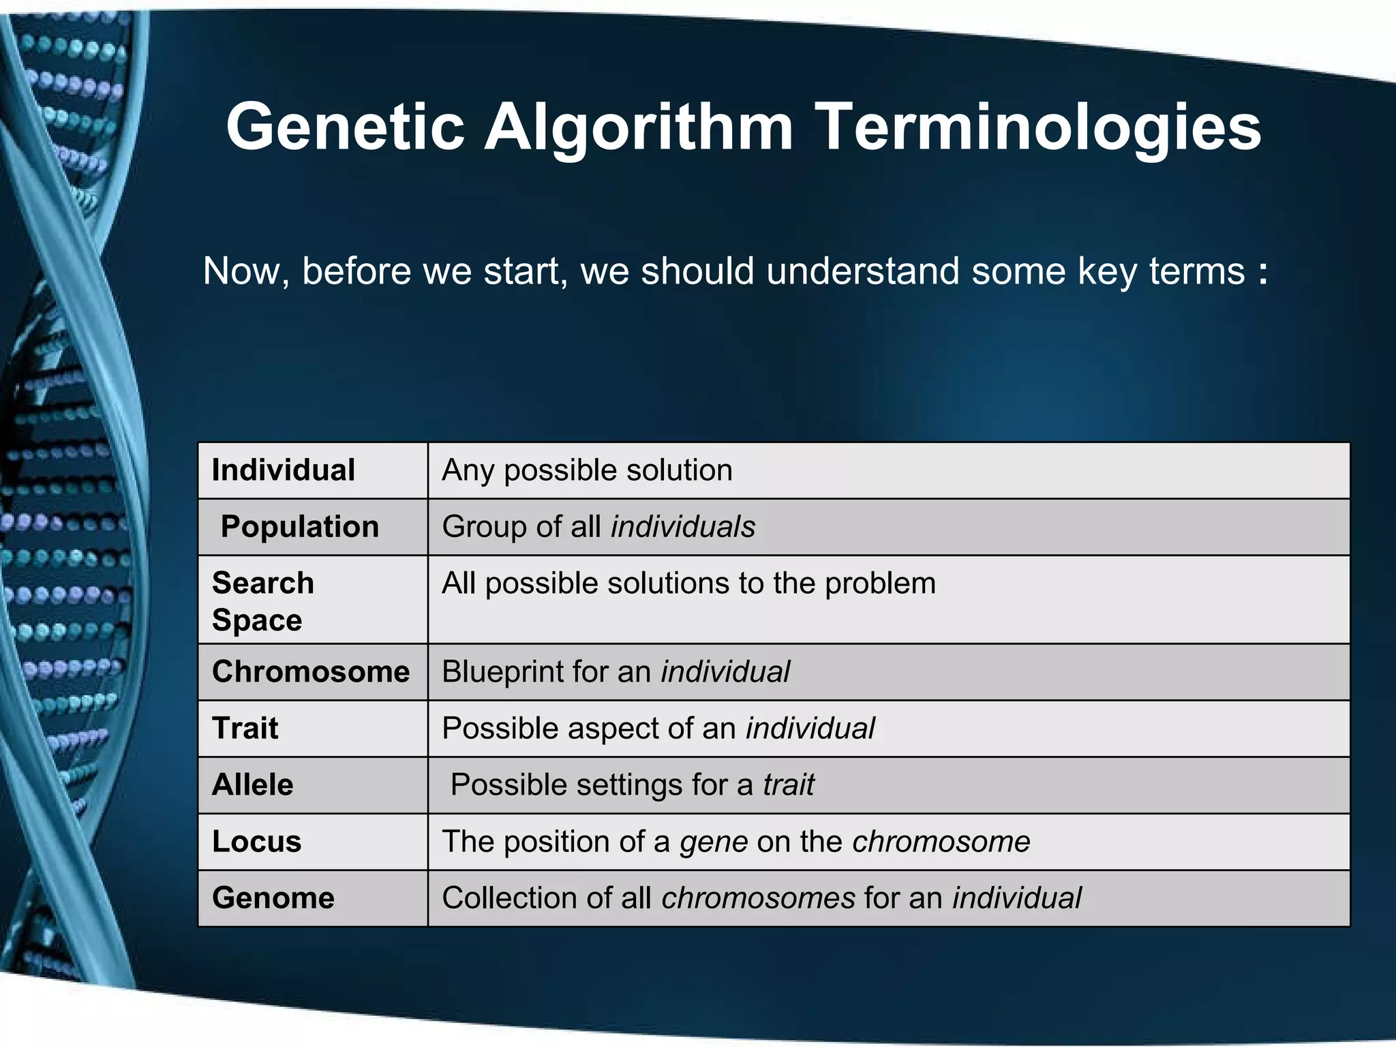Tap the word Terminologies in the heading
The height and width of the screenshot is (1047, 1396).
click(x=1037, y=127)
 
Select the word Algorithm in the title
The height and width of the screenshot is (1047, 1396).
click(x=638, y=127)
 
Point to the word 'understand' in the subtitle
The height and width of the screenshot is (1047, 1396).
click(x=864, y=271)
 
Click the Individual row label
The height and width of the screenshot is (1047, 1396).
click(x=283, y=470)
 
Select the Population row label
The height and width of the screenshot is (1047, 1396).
click(x=299, y=527)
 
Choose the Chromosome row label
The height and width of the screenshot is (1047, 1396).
click(x=311, y=672)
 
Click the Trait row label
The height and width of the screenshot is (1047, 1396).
click(x=245, y=729)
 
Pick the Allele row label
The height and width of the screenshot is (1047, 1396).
click(x=252, y=785)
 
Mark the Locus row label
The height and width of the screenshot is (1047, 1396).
click(x=256, y=842)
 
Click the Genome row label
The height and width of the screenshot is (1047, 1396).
click(x=273, y=898)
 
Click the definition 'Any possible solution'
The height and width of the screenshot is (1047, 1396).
click(x=587, y=470)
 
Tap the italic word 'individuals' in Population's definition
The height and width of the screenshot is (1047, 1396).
click(x=683, y=527)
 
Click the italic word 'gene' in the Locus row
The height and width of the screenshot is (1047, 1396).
click(x=714, y=842)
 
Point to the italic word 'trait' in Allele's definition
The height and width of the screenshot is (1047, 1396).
click(x=788, y=785)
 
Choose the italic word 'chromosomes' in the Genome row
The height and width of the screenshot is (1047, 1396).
click(x=758, y=898)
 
